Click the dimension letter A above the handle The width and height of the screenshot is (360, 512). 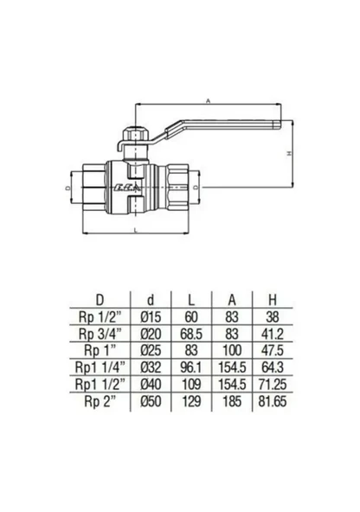tap(209, 101)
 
